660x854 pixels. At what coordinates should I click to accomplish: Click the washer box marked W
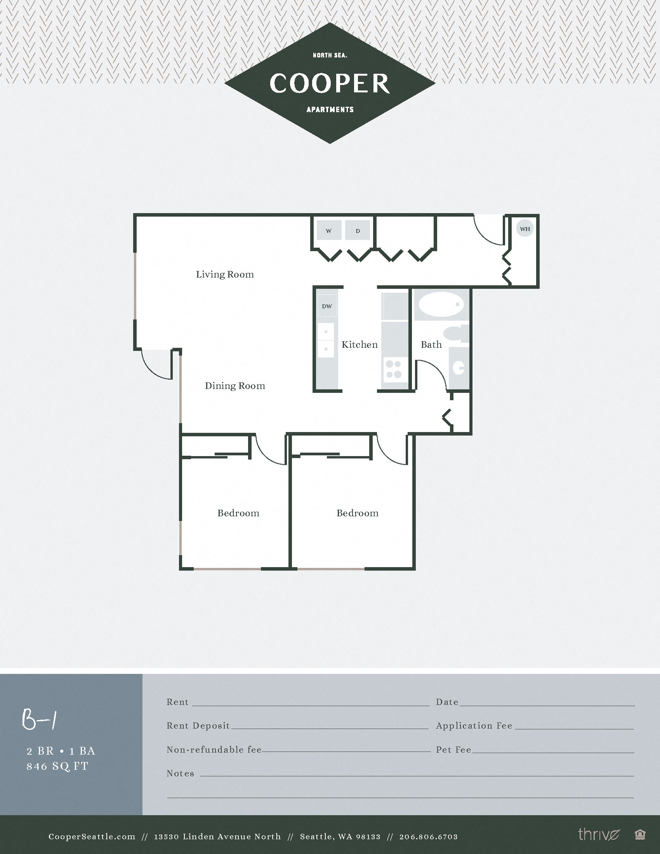pyautogui.click(x=328, y=231)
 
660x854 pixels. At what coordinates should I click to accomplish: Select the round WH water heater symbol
pyautogui.click(x=525, y=229)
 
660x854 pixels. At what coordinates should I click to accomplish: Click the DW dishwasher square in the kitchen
pyautogui.click(x=327, y=306)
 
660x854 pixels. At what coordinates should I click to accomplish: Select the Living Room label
pyautogui.click(x=225, y=274)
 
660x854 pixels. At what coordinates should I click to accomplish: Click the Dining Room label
pyautogui.click(x=235, y=386)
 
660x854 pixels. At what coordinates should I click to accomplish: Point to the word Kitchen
pyautogui.click(x=360, y=344)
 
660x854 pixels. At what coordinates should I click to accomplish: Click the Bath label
pyautogui.click(x=431, y=344)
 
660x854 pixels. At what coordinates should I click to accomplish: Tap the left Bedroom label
pyautogui.click(x=238, y=513)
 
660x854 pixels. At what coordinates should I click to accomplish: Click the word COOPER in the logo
pyautogui.click(x=330, y=83)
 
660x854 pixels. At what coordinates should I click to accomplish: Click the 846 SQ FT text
pyautogui.click(x=57, y=766)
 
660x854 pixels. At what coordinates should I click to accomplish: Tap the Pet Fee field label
pyautogui.click(x=453, y=750)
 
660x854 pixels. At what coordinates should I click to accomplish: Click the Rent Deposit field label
pyautogui.click(x=198, y=726)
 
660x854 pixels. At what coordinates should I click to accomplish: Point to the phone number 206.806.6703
pyautogui.click(x=428, y=837)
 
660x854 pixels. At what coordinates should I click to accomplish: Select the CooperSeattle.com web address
pyautogui.click(x=92, y=837)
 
